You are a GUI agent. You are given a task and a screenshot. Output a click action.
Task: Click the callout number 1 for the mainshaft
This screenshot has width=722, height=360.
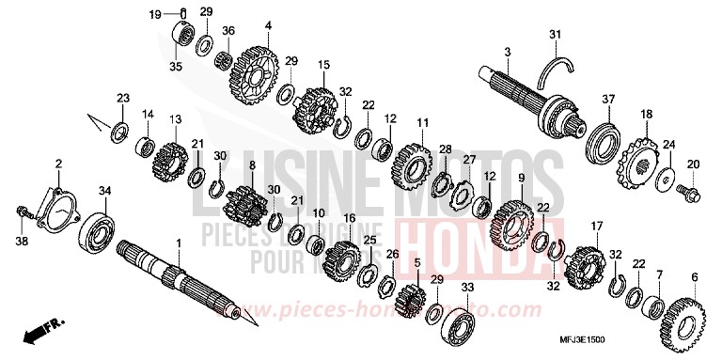178,243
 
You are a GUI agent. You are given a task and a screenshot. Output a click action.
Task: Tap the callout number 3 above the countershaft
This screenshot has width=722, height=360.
507,51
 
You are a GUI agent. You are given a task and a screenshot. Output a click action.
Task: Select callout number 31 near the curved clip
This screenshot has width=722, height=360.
556,36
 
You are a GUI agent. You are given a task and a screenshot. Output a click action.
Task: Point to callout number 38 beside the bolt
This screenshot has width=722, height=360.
21,241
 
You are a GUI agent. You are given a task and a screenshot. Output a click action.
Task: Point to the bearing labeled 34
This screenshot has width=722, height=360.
98,228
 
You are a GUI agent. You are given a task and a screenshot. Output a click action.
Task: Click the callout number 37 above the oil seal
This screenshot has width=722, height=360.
608,100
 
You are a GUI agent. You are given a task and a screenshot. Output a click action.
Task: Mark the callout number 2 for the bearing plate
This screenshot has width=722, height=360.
57,164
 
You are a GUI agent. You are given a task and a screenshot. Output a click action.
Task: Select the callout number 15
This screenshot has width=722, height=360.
323,64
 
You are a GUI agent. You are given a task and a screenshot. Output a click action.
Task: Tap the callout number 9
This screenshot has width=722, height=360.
521,178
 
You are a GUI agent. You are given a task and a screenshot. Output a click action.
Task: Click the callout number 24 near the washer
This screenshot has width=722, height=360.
669,145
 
